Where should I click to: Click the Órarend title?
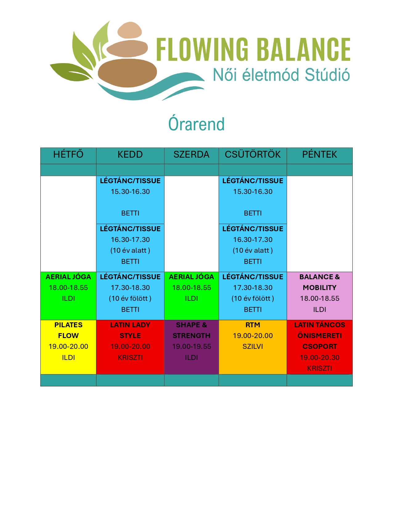pyautogui.click(x=196, y=124)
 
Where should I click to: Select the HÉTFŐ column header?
pyautogui.click(x=68, y=155)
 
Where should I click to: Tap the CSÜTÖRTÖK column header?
pyautogui.click(x=252, y=155)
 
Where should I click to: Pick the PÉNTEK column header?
pyautogui.click(x=320, y=155)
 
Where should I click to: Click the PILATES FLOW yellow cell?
pyautogui.click(x=68, y=347)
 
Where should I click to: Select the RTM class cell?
pyautogui.click(x=252, y=347)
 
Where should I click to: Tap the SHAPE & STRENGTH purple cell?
pyautogui.click(x=191, y=347)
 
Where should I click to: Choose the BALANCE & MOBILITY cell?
pyautogui.click(x=320, y=296)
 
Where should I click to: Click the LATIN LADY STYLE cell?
pyautogui.click(x=130, y=347)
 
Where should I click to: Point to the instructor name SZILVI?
pyautogui.click(x=252, y=346)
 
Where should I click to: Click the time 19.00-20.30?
pyautogui.click(x=320, y=357)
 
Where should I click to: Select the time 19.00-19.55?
pyautogui.click(x=191, y=346)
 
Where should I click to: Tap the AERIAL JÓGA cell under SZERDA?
pyautogui.click(x=191, y=296)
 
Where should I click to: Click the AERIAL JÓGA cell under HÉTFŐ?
pyautogui.click(x=68, y=296)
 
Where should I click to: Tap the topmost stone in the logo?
pyautogui.click(x=129, y=30)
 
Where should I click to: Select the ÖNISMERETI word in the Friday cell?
pyautogui.click(x=320, y=336)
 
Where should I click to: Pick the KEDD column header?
pyautogui.click(x=130, y=155)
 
